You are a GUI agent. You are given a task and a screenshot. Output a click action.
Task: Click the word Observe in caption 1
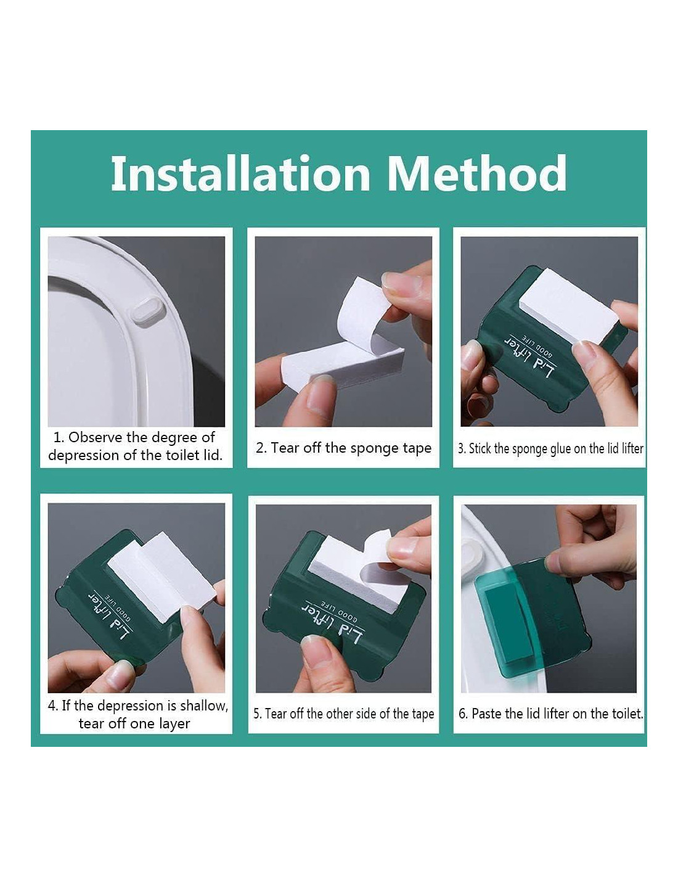(95, 437)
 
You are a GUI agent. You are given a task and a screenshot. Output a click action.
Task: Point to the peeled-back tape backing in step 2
(364, 314)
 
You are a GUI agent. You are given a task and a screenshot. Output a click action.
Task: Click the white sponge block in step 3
(568, 306)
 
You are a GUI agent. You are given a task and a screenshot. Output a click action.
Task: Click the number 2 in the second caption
(259, 448)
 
